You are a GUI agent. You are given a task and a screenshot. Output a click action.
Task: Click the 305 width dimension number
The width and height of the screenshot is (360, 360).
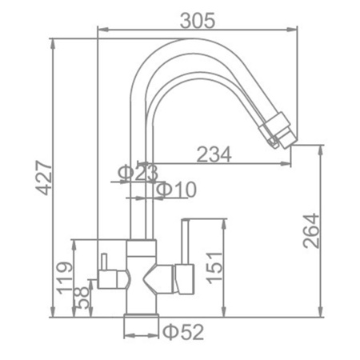(198, 21)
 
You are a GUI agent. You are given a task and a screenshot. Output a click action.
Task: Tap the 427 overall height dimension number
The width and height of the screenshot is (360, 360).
(44, 178)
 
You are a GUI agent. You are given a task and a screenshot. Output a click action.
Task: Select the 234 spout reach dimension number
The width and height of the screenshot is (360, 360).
(214, 154)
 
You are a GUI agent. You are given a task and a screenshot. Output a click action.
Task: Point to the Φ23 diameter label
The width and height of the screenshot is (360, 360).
(138, 173)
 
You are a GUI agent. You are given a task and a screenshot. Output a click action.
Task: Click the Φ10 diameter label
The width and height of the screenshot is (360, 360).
(176, 190)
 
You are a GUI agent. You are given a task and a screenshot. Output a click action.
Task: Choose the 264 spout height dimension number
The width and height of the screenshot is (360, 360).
(311, 230)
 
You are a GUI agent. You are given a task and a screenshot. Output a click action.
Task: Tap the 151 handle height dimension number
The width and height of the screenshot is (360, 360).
(214, 267)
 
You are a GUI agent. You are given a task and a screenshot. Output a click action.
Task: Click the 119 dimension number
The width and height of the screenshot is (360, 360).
(65, 278)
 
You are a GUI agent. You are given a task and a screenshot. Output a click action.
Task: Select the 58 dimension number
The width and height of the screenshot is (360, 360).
(82, 298)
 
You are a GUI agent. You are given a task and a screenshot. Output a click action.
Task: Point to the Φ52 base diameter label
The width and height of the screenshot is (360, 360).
(183, 332)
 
